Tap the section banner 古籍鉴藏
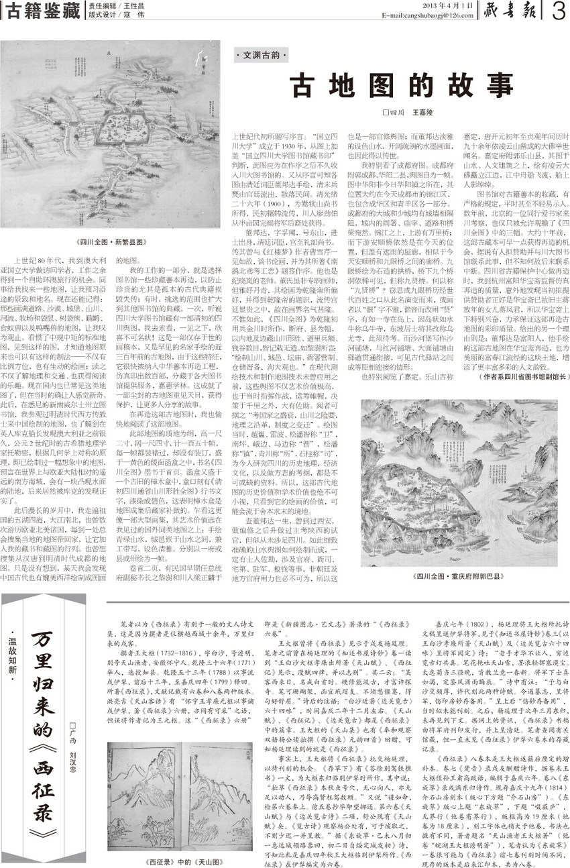pyautogui.click(x=43, y=11)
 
